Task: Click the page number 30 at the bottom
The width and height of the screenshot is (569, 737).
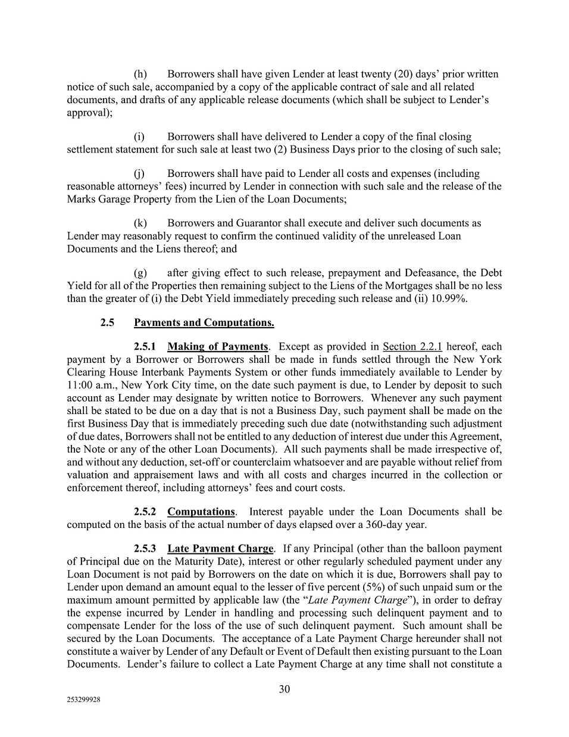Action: (284, 689)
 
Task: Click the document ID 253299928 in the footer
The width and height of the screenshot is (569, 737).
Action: (83, 701)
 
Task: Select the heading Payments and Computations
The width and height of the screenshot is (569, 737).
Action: (204, 323)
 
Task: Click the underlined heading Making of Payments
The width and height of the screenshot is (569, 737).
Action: (217, 347)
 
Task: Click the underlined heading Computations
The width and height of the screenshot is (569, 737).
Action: (201, 512)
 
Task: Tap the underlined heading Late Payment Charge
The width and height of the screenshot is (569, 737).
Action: (220, 549)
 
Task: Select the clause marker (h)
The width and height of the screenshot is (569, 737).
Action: (140, 74)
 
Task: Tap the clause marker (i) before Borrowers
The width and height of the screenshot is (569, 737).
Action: (140, 137)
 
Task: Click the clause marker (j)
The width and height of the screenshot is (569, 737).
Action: (140, 174)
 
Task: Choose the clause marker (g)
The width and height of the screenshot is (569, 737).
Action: (140, 273)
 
